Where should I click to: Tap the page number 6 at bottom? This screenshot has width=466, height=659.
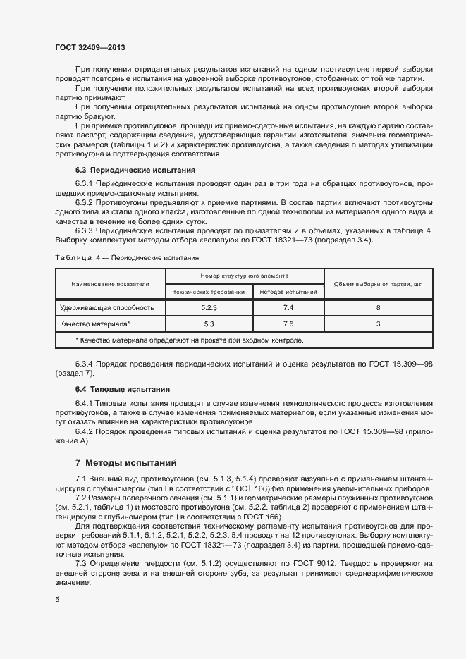click(57, 599)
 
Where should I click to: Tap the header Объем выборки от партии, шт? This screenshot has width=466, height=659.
click(378, 284)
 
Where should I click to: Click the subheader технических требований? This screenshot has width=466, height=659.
click(209, 291)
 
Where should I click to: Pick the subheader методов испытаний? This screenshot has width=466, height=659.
click(288, 291)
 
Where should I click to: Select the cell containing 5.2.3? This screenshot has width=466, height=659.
click(209, 308)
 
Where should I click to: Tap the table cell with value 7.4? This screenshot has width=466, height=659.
click(288, 308)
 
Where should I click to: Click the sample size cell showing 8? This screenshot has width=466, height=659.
click(378, 308)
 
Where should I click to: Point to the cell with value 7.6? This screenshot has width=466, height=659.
click(288, 324)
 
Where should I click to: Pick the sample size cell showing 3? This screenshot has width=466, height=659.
click(378, 324)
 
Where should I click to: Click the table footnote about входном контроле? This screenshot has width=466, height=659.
click(189, 340)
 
